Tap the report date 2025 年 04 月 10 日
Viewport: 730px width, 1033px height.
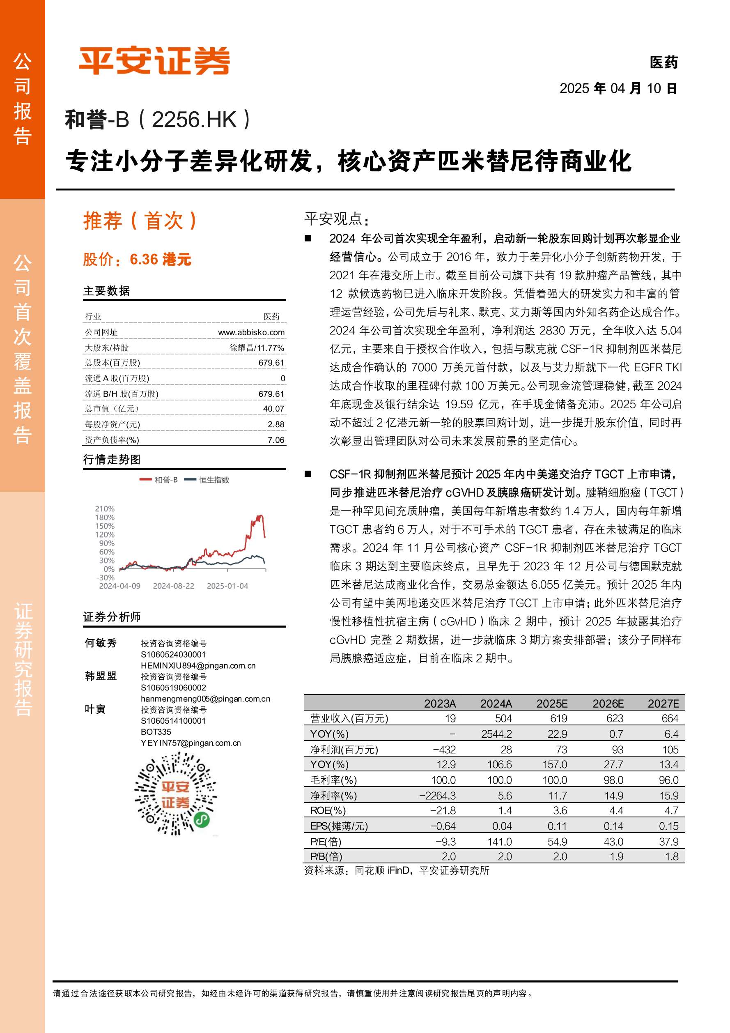(618, 88)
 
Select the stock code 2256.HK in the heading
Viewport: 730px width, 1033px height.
(194, 120)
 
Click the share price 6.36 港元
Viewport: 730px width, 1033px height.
(160, 260)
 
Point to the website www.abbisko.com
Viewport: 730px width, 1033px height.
(251, 332)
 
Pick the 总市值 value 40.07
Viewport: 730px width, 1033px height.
(273, 409)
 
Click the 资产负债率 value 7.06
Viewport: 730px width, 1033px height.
(276, 440)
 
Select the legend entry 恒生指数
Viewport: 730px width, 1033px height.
(213, 480)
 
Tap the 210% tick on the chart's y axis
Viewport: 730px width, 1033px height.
(105, 509)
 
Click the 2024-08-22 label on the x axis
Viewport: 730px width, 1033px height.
(173, 586)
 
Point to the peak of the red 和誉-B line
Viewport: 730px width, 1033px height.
(259, 515)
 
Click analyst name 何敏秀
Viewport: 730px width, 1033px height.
(101, 643)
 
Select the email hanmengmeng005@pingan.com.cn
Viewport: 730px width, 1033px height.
(205, 699)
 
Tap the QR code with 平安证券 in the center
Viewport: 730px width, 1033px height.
(175, 794)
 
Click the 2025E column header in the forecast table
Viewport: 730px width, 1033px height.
(551, 704)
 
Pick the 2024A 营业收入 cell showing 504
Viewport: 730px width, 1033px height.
(503, 718)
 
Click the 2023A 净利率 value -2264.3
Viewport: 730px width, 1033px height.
(437, 796)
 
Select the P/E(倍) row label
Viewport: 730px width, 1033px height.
(326, 841)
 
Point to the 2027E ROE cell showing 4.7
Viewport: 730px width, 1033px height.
(671, 810)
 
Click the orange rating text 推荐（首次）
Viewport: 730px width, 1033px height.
(140, 221)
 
